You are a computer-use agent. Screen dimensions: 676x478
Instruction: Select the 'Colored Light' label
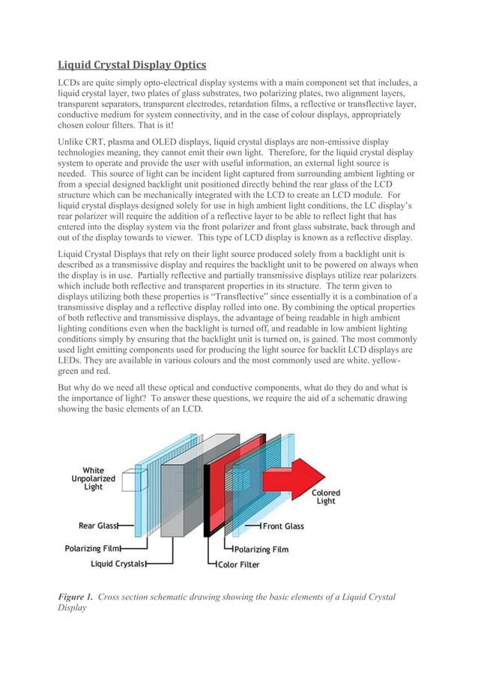point(325,497)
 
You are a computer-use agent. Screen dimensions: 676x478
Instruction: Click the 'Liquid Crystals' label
point(117,563)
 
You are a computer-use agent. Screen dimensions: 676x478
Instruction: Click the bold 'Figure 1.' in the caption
point(76,597)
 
